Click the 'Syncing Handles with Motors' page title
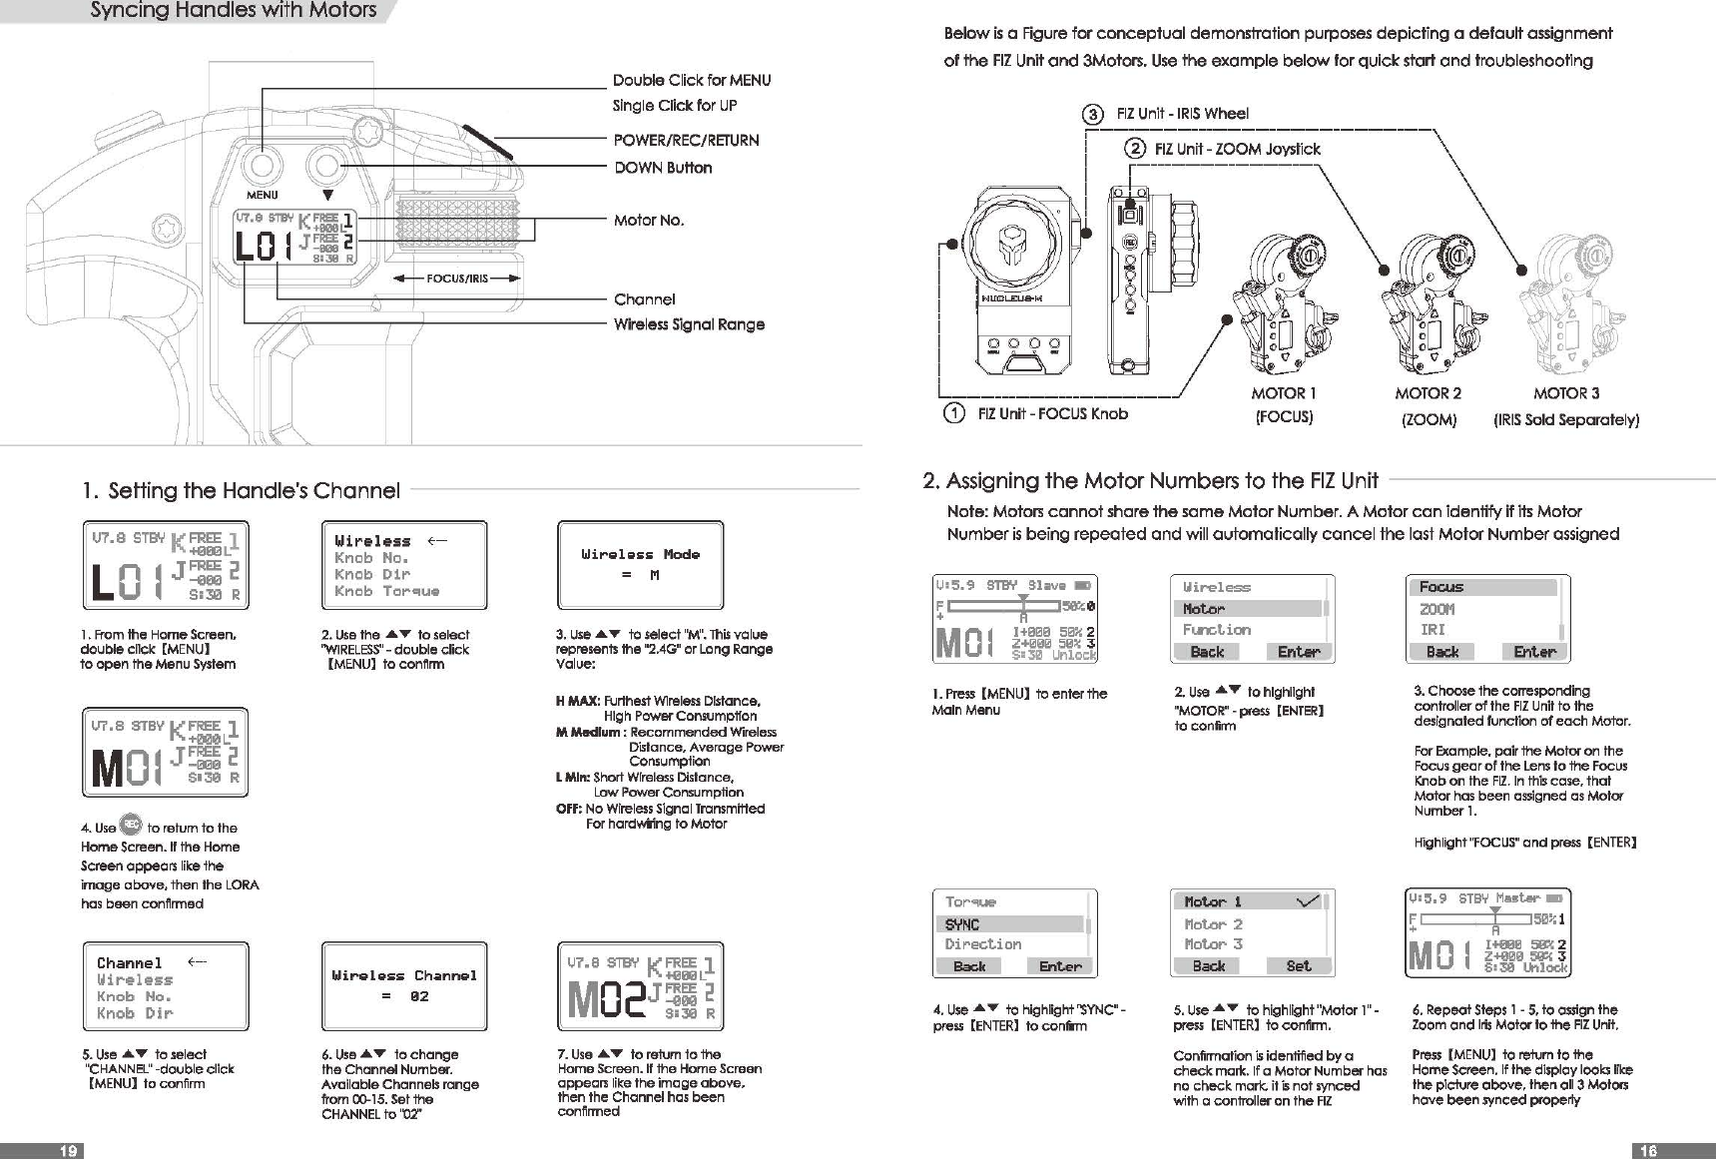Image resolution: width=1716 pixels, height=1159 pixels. pyautogui.click(x=234, y=11)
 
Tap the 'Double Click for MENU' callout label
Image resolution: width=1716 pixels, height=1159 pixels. pyautogui.click(x=691, y=80)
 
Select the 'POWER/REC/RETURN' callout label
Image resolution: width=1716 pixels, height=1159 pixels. pyautogui.click(x=686, y=140)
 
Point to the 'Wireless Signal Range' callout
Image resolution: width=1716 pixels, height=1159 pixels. pyautogui.click(x=689, y=324)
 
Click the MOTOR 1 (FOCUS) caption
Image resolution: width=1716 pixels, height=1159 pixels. pyautogui.click(x=1284, y=404)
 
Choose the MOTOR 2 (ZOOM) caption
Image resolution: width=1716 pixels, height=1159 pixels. pyautogui.click(x=1429, y=405)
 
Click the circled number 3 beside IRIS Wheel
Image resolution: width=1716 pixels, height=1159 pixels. pyautogui.click(x=1094, y=114)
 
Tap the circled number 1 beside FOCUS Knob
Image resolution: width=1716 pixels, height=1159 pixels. pyautogui.click(x=954, y=413)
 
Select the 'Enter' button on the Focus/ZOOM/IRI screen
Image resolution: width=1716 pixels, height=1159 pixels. pyautogui.click(x=1534, y=652)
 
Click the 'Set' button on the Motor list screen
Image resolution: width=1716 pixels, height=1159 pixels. pyautogui.click(x=1299, y=966)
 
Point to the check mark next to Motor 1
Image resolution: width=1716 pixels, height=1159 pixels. pyautogui.click(x=1307, y=901)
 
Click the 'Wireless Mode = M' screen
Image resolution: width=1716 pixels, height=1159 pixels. pyautogui.click(x=640, y=565)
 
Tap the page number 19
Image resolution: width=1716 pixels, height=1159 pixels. pyautogui.click(x=68, y=1151)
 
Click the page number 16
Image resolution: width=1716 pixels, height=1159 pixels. pyautogui.click(x=1648, y=1151)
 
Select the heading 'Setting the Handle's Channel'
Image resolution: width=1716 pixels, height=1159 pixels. pyautogui.click(x=254, y=490)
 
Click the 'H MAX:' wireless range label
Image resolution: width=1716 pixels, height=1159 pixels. pyautogui.click(x=577, y=701)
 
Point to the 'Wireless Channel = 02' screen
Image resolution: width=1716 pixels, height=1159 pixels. pyautogui.click(x=404, y=985)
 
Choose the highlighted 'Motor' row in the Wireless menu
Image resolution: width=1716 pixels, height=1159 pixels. pyautogui.click(x=1250, y=609)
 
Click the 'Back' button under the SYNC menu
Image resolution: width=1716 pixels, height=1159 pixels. pyautogui.click(x=969, y=966)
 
